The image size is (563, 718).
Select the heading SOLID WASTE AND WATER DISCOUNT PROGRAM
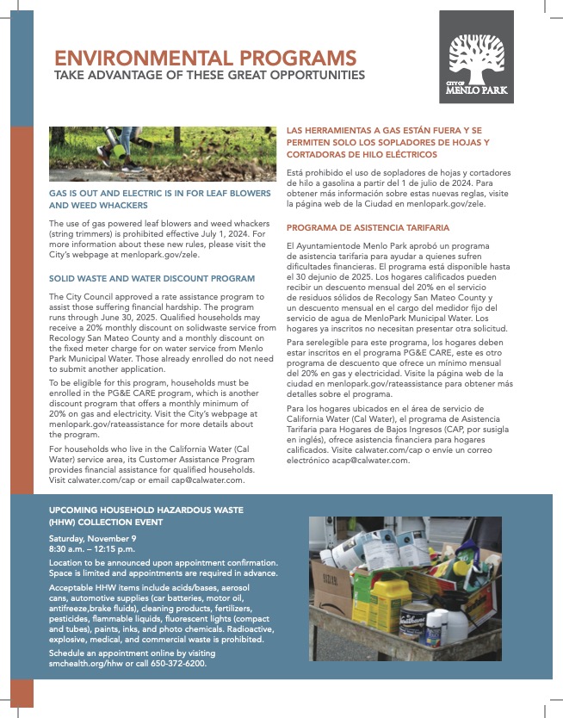[152, 278]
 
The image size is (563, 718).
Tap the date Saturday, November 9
[92, 538]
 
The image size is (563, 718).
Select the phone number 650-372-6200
[179, 664]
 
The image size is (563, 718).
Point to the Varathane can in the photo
[418, 618]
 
